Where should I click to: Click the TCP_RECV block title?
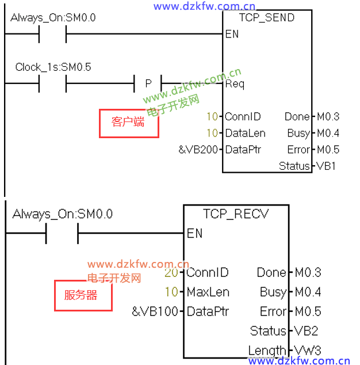236,214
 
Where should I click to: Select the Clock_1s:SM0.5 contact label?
53,67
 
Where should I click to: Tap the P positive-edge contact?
148,84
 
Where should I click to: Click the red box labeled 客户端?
128,123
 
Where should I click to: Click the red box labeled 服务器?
81,295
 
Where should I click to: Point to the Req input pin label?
235,84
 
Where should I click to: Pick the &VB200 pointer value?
199,150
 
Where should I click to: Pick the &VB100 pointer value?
155,311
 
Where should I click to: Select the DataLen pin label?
245,133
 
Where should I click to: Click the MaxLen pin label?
208,292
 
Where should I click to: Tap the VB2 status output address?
307,331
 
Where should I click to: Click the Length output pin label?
267,350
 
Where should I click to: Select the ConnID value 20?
171,272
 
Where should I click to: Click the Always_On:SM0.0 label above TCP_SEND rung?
53,18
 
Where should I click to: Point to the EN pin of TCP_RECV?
194,233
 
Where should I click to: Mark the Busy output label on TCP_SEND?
298,133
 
